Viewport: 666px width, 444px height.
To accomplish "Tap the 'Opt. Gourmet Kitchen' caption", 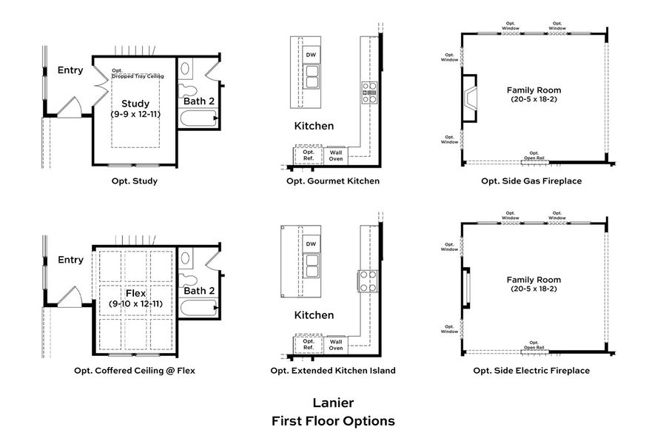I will pos(332,181).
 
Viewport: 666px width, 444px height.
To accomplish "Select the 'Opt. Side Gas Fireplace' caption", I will pos(531,181).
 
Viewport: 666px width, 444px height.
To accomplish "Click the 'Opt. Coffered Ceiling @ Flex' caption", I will pos(135,371).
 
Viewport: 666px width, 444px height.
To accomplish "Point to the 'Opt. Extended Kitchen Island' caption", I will pos(332,371).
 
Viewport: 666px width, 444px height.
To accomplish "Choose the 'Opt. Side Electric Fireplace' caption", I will pos(531,371).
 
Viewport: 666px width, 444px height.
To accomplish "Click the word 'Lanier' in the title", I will pos(332,403).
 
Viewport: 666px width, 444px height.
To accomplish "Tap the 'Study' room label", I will pos(135,104).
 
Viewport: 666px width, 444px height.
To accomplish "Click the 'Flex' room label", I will pos(135,292).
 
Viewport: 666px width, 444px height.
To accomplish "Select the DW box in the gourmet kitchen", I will pos(311,55).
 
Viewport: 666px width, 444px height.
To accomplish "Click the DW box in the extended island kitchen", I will pos(311,244).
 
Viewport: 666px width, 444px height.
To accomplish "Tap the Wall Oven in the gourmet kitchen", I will pos(336,155).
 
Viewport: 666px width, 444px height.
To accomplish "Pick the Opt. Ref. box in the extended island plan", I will pos(309,344).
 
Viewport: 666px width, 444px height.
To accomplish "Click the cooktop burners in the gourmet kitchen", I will pos(368,92).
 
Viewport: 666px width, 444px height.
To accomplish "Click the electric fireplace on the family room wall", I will pos(466,287).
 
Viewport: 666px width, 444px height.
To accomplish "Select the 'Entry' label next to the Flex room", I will pos(70,260).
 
